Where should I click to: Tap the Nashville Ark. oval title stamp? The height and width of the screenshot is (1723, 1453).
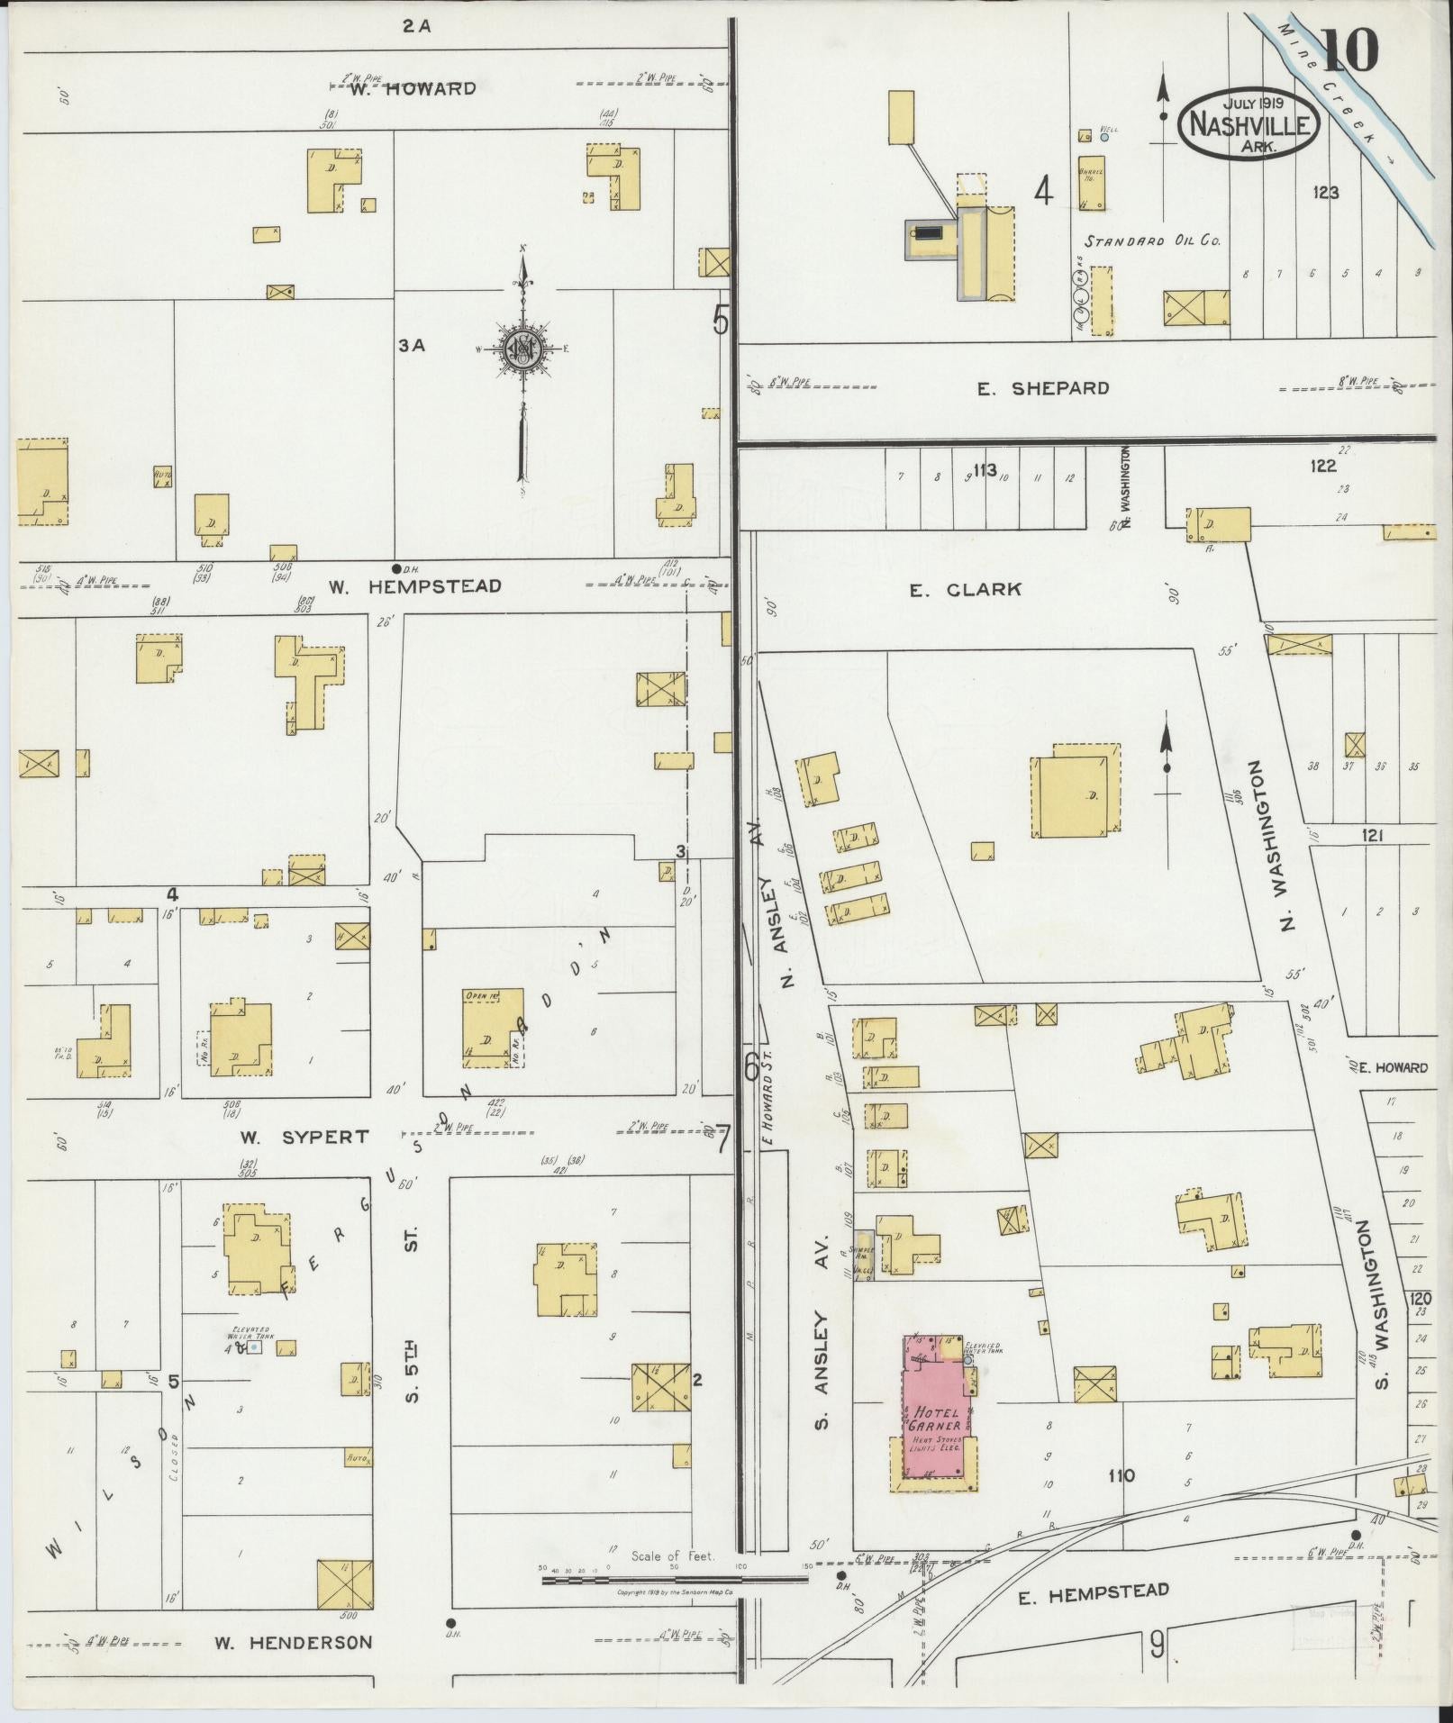point(1249,124)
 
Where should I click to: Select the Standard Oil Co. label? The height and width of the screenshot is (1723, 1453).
point(1152,241)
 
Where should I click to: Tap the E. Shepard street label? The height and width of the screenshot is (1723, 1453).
point(1043,389)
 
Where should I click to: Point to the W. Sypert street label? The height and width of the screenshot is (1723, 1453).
point(304,1138)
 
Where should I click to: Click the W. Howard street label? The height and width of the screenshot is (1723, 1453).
point(413,88)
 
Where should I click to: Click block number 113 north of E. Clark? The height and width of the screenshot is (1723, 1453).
point(984,468)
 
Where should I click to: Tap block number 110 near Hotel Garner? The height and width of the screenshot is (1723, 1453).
point(1122,1475)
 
